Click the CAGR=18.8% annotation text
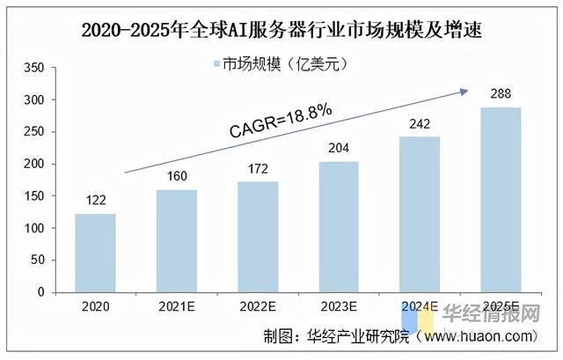point(281,121)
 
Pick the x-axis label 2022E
point(259,308)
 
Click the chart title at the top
point(281,30)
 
